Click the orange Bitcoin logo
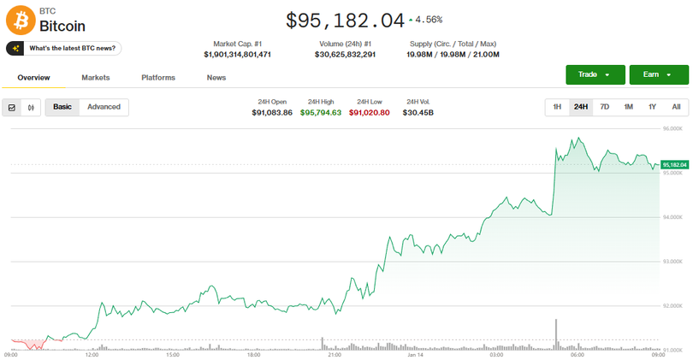[x=20, y=20]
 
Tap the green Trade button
[x=595, y=74]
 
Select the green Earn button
[x=658, y=74]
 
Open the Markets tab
[x=96, y=78]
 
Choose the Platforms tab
[x=158, y=78]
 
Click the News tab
[x=216, y=78]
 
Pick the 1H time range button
[x=557, y=107]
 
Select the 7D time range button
[x=604, y=107]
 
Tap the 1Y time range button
[x=652, y=107]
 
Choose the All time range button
[x=676, y=107]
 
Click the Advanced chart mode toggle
[x=104, y=107]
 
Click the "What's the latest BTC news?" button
[x=64, y=49]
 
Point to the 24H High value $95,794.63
[x=321, y=113]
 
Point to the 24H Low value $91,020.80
[x=370, y=113]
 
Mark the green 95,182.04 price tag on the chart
[x=674, y=164]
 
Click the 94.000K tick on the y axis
[x=673, y=217]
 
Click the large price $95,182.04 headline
[x=345, y=20]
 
